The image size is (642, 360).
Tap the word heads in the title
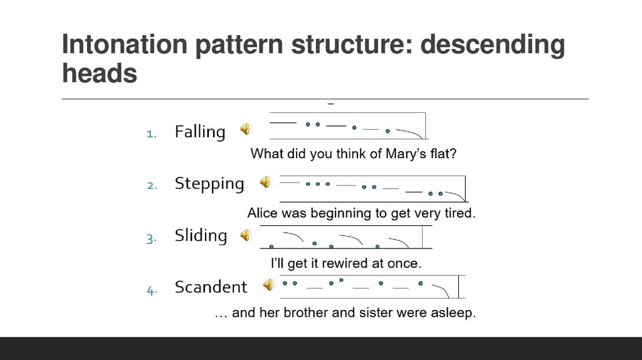(99, 74)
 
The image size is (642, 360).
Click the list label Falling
(199, 132)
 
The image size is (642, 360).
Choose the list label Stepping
(209, 184)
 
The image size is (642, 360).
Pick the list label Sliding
(201, 236)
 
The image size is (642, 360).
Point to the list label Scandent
(211, 287)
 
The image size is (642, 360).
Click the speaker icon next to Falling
(246, 129)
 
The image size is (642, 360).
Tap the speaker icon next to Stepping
(266, 182)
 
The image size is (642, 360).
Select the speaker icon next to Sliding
(246, 235)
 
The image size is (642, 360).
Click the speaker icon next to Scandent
(268, 285)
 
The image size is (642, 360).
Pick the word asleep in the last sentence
(453, 312)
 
